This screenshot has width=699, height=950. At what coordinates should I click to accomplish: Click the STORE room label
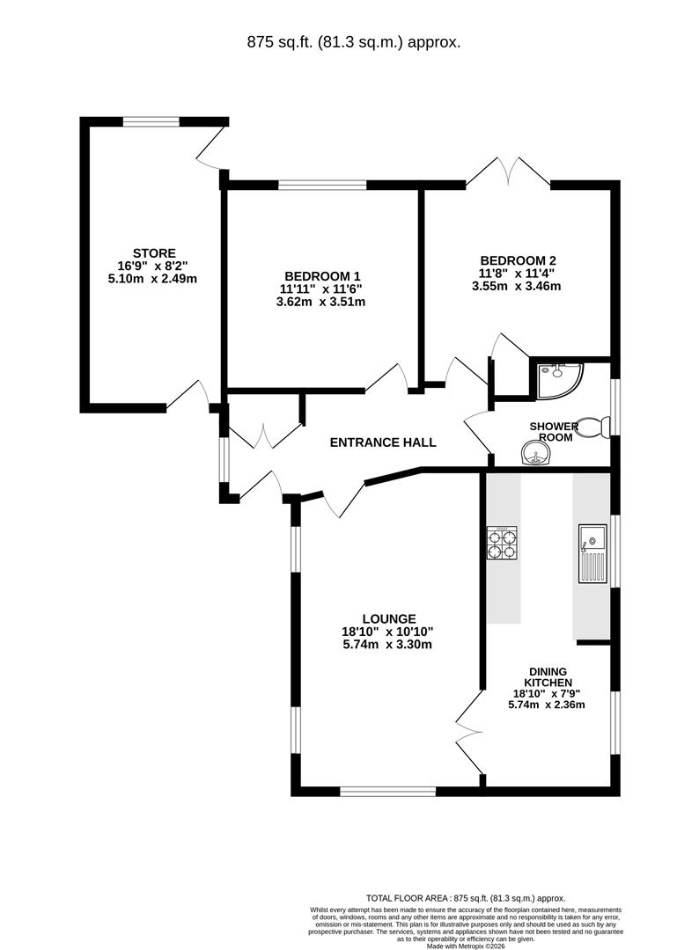154,252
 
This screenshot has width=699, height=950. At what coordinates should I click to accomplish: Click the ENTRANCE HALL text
382,442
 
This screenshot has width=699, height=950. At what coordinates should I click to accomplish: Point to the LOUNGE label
387,618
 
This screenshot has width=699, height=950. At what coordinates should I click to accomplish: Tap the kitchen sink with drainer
592,554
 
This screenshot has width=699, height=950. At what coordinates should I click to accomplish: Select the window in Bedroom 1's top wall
322,185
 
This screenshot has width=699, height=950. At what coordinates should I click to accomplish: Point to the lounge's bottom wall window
387,791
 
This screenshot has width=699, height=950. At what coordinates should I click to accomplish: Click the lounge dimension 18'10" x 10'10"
387,631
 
